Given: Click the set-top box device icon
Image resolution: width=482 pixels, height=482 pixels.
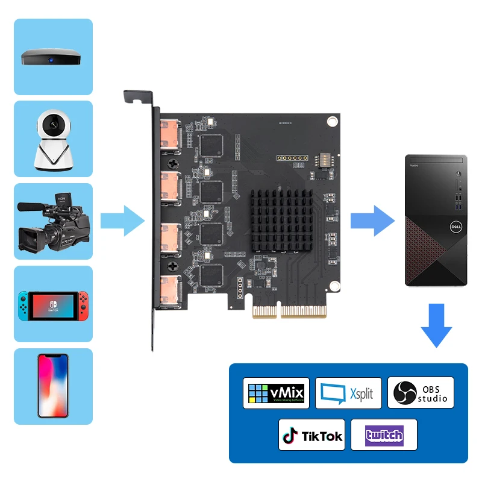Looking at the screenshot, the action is click(x=53, y=57).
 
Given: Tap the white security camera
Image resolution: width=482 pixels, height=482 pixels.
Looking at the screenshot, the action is click(x=53, y=140).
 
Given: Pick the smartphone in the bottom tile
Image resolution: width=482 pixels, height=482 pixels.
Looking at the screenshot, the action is click(x=53, y=386).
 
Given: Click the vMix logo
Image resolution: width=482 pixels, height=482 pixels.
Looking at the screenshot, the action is click(x=277, y=393).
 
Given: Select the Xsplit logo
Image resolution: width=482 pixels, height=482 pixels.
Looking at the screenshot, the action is click(x=348, y=393).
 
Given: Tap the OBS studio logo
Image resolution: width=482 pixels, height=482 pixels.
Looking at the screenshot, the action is click(x=421, y=393).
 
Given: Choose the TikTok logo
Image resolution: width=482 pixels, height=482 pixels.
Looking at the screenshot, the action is click(x=312, y=435).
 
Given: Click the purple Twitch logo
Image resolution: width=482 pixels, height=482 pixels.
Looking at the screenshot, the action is click(x=384, y=435).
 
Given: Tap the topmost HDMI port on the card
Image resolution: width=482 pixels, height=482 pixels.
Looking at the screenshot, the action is click(x=169, y=133).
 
